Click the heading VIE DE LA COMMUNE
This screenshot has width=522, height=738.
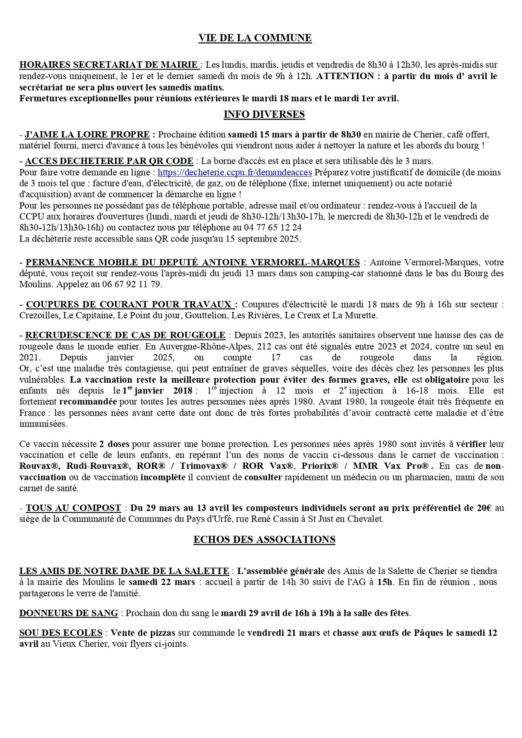click(x=255, y=38)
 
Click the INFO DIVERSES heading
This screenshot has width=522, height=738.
click(x=264, y=114)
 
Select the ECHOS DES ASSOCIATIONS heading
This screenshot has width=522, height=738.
click(x=264, y=540)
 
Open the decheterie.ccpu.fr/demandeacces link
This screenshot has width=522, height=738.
click(x=234, y=172)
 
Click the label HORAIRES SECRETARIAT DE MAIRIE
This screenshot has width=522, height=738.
click(x=109, y=65)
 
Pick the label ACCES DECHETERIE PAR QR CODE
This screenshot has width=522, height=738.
click(x=109, y=161)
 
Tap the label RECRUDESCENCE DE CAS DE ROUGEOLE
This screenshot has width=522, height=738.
click(x=125, y=335)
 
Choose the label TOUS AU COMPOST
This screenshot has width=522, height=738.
click(x=73, y=508)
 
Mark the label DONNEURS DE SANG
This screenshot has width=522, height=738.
click(x=69, y=613)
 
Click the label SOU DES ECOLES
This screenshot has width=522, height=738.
click(x=61, y=633)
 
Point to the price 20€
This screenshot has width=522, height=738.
click(x=483, y=508)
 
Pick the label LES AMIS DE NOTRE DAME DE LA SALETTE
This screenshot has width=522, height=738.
click(x=124, y=571)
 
